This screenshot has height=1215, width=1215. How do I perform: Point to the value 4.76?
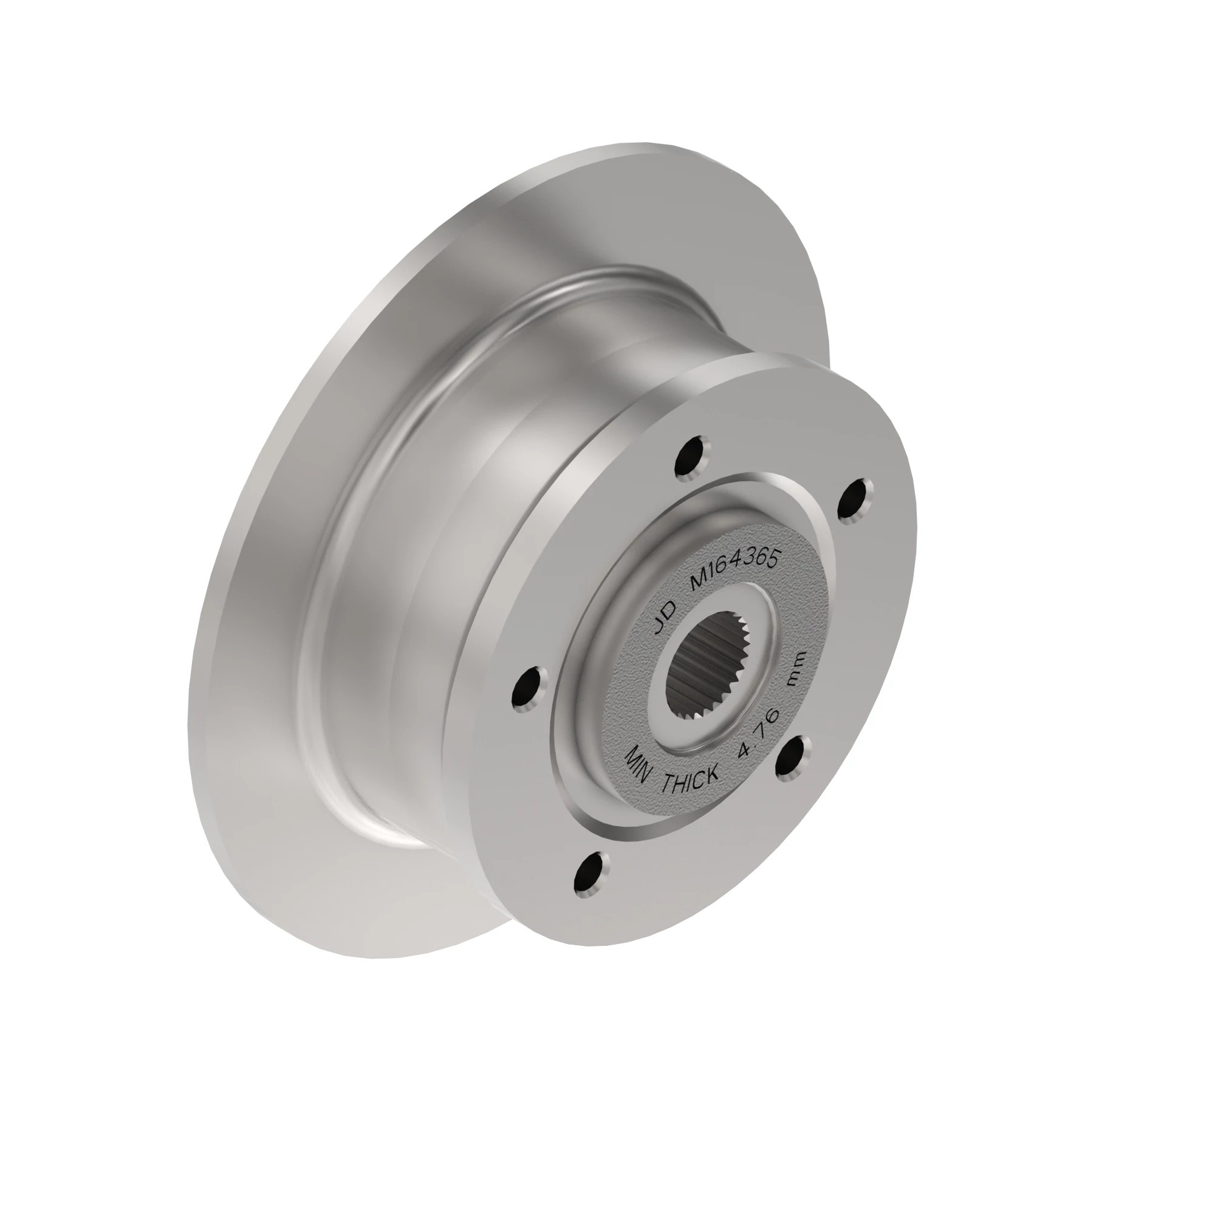point(761,733)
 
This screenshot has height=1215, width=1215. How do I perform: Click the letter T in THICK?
point(668,784)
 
